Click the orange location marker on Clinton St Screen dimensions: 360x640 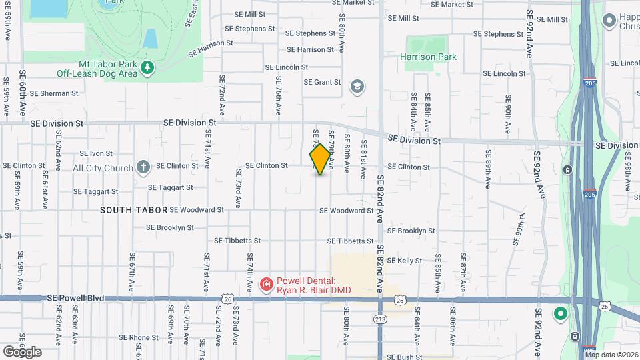321,159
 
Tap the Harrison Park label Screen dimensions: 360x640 428,57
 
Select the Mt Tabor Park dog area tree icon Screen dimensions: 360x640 147,67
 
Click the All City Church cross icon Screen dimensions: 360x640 143,167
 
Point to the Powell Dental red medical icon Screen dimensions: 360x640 266,285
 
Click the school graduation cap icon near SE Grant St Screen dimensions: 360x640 357,86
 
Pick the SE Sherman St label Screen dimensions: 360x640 55,93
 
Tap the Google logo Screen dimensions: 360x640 21,351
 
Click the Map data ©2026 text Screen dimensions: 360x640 611,355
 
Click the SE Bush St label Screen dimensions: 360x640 401,357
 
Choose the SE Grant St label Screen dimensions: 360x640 322,83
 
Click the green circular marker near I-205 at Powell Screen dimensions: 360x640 560,313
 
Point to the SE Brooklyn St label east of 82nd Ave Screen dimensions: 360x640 411,231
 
